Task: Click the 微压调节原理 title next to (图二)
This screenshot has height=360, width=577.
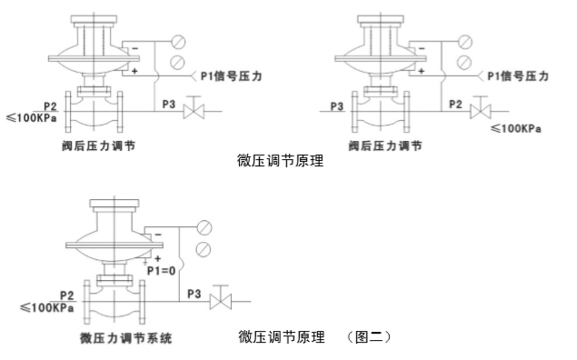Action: [x=281, y=336]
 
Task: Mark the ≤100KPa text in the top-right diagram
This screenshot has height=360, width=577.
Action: [x=516, y=128]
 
